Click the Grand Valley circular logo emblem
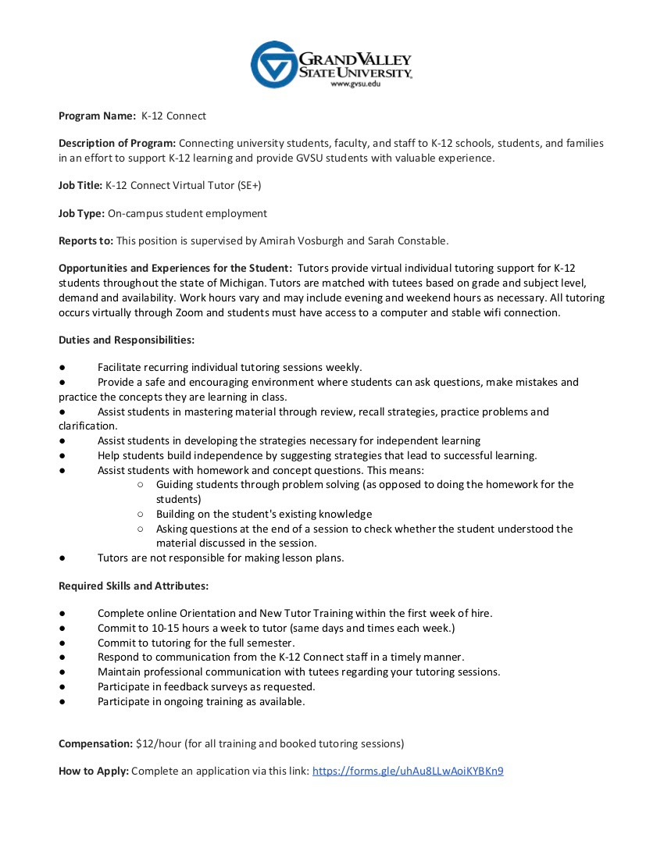click(x=274, y=64)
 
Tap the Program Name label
click(x=98, y=116)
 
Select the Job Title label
click(x=80, y=185)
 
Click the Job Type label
click(x=81, y=213)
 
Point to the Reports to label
click(x=86, y=241)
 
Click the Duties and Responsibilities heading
click(x=127, y=340)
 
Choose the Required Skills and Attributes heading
click(x=134, y=585)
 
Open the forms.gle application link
click(x=408, y=772)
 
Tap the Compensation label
click(x=95, y=743)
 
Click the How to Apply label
click(x=94, y=772)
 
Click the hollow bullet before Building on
click(x=140, y=514)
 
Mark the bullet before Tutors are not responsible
click(x=62, y=558)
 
